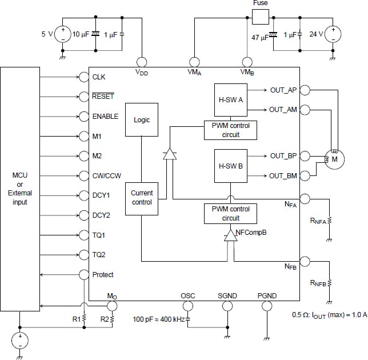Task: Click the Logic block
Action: [x=142, y=120]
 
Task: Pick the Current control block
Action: [x=142, y=198]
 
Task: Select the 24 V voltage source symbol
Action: [x=333, y=34]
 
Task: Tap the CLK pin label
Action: [x=99, y=77]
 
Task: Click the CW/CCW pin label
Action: [x=106, y=175]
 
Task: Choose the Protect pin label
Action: [x=103, y=275]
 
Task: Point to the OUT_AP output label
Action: [x=283, y=90]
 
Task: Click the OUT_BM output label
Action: [x=283, y=175]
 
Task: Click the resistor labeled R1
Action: [x=84, y=318]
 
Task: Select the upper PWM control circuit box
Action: [x=230, y=130]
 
